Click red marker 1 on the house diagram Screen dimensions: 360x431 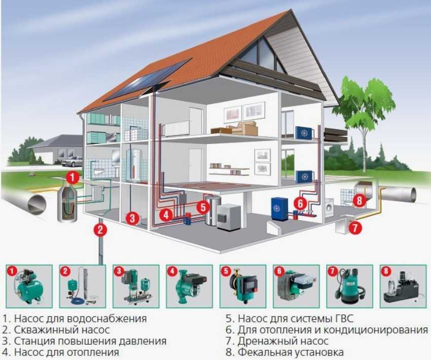(x=73, y=178)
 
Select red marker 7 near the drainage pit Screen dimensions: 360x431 (x=355, y=228)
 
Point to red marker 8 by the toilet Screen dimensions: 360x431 (x=359, y=200)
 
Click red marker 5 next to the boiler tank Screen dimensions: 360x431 (x=203, y=206)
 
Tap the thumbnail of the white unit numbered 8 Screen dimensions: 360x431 (x=401, y=286)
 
